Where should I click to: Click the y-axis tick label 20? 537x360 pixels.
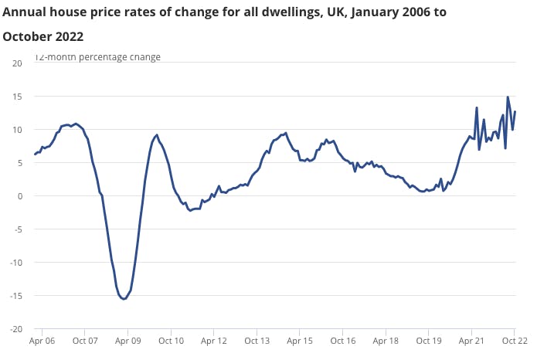point(17,63)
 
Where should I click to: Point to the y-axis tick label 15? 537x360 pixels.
point(17,96)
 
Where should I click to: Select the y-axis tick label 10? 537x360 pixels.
point(17,129)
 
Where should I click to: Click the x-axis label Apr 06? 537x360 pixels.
point(42,341)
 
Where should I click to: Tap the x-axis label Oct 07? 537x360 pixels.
point(85,341)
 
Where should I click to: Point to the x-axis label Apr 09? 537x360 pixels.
point(127,341)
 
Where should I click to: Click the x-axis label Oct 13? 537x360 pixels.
point(257,341)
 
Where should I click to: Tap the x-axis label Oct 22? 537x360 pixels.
point(514,341)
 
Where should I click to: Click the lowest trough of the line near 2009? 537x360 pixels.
point(124,299)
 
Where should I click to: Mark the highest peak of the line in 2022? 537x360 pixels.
point(508,97)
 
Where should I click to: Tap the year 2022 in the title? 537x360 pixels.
point(66,37)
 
